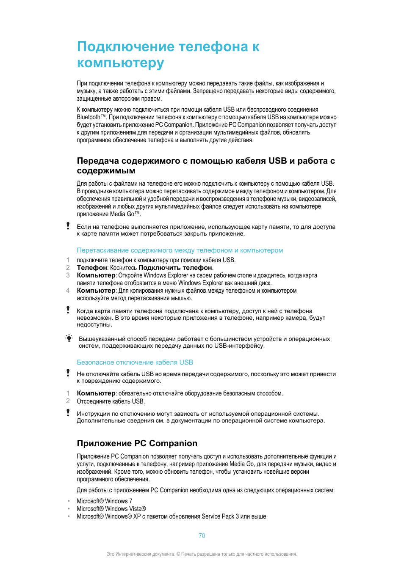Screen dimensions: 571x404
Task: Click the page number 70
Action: tap(202, 536)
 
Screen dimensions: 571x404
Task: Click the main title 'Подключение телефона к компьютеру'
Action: tap(168, 55)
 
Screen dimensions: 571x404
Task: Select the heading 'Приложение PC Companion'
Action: tap(137, 443)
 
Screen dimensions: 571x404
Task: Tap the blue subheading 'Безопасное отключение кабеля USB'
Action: tap(135, 362)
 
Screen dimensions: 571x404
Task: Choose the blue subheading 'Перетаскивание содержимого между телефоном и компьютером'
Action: tap(180, 250)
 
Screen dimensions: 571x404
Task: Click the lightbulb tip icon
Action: tap(69, 338)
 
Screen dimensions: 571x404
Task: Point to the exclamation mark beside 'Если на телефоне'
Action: tap(68, 226)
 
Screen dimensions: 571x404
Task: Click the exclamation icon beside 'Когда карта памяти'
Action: tap(68, 310)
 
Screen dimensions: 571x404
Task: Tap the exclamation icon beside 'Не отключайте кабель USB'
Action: tap(68, 373)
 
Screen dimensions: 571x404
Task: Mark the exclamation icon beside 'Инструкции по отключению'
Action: tap(68, 412)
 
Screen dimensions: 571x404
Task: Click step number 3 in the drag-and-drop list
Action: tap(68, 275)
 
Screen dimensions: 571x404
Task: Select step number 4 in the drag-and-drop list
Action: tap(68, 291)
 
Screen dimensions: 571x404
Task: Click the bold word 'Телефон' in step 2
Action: tap(92, 268)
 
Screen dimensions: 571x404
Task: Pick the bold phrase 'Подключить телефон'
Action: tap(175, 268)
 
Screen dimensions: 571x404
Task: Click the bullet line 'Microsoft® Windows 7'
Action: tap(104, 501)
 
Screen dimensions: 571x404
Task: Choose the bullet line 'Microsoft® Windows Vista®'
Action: tap(111, 509)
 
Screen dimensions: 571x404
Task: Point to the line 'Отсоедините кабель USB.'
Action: tap(111, 401)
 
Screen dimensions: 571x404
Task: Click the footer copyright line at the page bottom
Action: tap(202, 554)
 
